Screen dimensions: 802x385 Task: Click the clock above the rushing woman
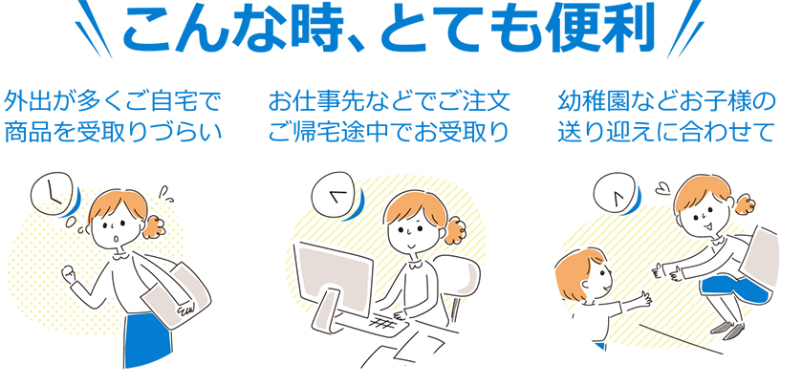tap(52, 193)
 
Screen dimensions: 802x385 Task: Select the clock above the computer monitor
tap(334, 194)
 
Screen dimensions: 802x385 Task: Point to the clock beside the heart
tap(615, 194)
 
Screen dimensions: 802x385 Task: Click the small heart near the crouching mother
tap(661, 190)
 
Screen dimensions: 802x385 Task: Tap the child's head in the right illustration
tap(582, 276)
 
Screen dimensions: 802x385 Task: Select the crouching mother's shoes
tap(727, 329)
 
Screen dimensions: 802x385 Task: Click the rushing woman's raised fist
tap(68, 274)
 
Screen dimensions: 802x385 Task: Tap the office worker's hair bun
tap(454, 230)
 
